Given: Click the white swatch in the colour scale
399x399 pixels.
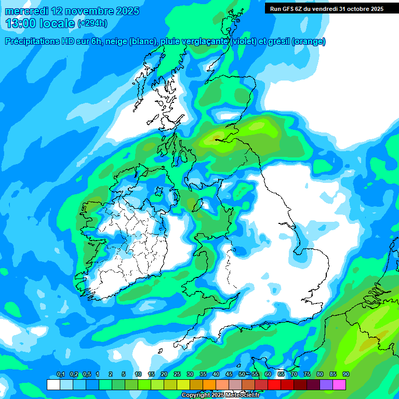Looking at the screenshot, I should [53, 384].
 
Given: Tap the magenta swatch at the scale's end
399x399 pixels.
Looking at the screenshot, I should [339, 384].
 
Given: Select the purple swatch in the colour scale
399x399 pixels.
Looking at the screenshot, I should [326, 384].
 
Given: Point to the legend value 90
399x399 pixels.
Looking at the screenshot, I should [346, 375].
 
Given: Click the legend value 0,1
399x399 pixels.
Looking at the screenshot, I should [60, 375].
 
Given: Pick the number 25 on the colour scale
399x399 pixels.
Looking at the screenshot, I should [177, 375].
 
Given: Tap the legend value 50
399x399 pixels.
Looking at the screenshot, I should [242, 375].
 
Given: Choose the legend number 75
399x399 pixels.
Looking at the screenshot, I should [307, 375].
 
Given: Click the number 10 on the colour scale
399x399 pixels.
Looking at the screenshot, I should [138, 375].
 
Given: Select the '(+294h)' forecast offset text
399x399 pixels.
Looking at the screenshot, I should [92, 23].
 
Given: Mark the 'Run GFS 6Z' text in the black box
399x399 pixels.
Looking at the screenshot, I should [287, 8].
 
